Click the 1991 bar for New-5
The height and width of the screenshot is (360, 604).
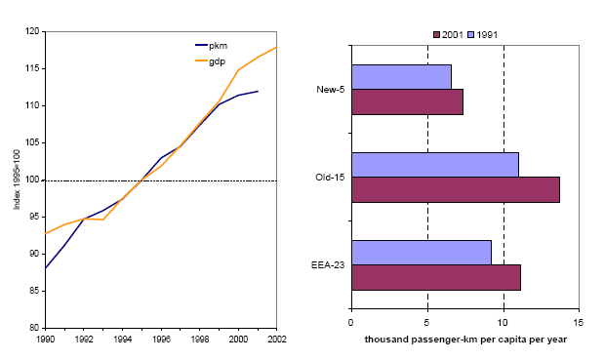coord(401,77)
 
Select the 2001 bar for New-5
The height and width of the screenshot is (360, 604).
coord(407,102)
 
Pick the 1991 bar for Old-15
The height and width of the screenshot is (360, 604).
coord(435,165)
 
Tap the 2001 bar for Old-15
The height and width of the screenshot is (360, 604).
coord(456,190)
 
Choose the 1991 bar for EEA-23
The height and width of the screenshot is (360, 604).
coord(422,253)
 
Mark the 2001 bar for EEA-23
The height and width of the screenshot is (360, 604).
coord(436,278)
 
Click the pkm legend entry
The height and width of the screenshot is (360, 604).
coord(211,46)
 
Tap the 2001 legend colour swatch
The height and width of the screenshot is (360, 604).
coord(436,35)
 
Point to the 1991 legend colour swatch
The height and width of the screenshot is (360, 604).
coord(470,35)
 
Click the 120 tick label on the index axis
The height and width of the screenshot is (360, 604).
coord(33,31)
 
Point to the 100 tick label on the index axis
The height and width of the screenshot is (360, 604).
coord(33,180)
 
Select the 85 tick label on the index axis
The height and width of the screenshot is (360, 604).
coord(35,291)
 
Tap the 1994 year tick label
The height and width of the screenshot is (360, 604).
coord(123,340)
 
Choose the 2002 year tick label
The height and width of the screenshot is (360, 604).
coord(277,340)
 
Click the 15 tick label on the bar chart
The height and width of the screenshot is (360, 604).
coord(579,322)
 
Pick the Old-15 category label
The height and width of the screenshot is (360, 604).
coord(330,178)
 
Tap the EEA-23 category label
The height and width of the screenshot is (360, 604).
coord(328,265)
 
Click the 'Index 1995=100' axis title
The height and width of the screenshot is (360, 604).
coord(17,180)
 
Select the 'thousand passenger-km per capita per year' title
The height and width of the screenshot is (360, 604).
coord(465,340)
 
